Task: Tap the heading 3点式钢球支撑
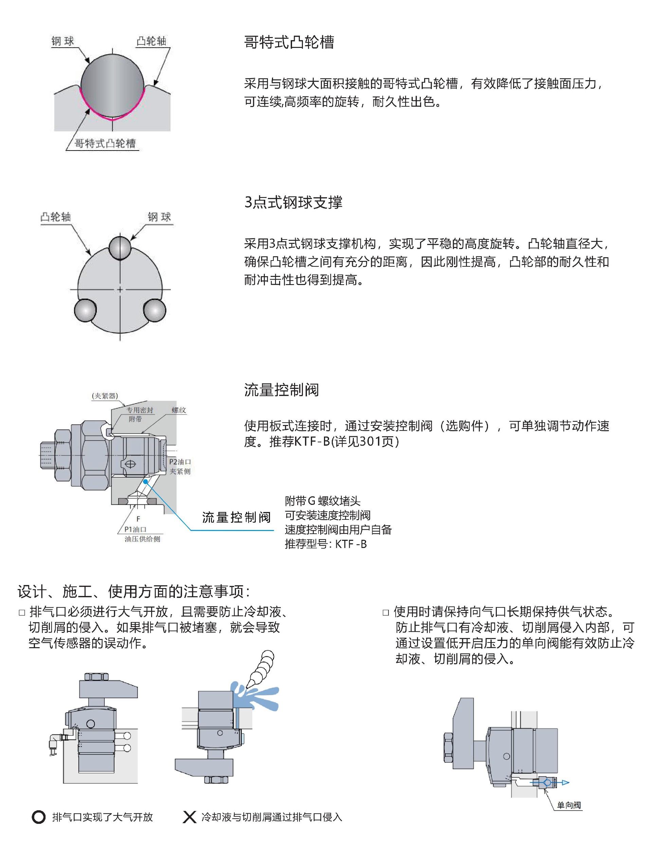pyautogui.click(x=293, y=202)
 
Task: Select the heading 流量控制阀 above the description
pyautogui.click(x=282, y=389)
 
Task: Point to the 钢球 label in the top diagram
pyautogui.click(x=63, y=41)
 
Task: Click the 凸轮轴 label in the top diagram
pyautogui.click(x=151, y=41)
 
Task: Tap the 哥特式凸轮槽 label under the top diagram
pyautogui.click(x=105, y=144)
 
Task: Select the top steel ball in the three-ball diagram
pyautogui.click(x=120, y=247)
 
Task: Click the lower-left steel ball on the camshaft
pyautogui.click(x=85, y=310)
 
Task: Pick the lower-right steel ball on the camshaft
pyautogui.click(x=155, y=310)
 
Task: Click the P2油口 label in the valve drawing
pyautogui.click(x=180, y=462)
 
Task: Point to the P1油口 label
pyautogui.click(x=135, y=529)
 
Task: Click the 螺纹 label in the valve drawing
pyautogui.click(x=179, y=410)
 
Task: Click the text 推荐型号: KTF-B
pyautogui.click(x=325, y=544)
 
